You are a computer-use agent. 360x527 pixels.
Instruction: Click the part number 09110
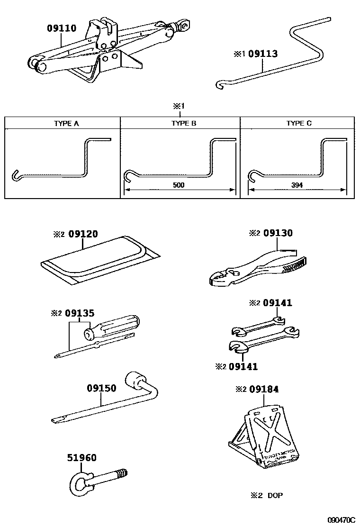61,28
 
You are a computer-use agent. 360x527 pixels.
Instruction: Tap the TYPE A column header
63,123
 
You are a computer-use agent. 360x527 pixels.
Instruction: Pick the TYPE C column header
299,123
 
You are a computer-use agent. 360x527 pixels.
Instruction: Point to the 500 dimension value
179,185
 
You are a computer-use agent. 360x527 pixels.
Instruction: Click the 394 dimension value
297,185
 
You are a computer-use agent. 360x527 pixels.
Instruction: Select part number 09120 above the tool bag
83,234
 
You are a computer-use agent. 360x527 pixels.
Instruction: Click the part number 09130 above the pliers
278,233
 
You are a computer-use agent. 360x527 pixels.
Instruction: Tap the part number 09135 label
80,313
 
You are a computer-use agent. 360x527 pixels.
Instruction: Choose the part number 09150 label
101,388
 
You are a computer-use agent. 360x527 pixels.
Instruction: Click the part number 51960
81,458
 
